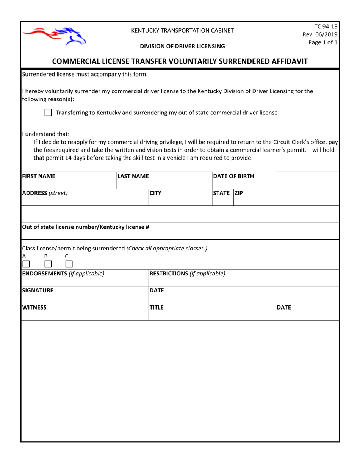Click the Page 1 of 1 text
coord(322,42)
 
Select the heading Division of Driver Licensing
coord(182,46)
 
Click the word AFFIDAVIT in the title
coord(283,61)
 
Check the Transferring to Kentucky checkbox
coord(48,113)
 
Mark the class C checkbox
coord(69,264)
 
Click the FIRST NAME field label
coord(39,176)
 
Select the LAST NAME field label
coord(133,176)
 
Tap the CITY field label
coord(155,193)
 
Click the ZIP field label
coord(239,193)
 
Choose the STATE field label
coord(222,193)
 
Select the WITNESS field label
coord(34,307)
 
